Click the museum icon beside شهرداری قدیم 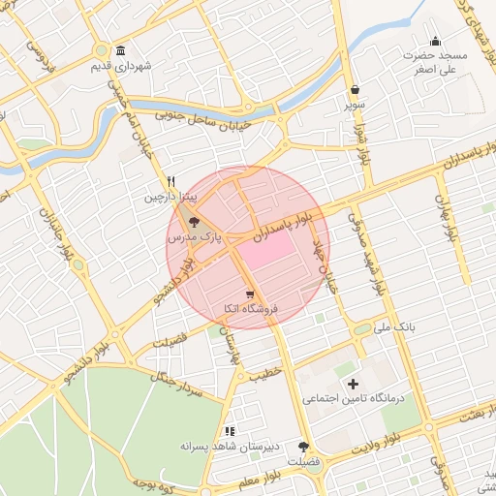point(120,50)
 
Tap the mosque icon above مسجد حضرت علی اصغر point(436,41)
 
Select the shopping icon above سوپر point(356,88)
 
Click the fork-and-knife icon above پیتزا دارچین point(171,180)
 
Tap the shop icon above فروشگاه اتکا point(250,294)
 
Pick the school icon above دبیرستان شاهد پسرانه point(230,431)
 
